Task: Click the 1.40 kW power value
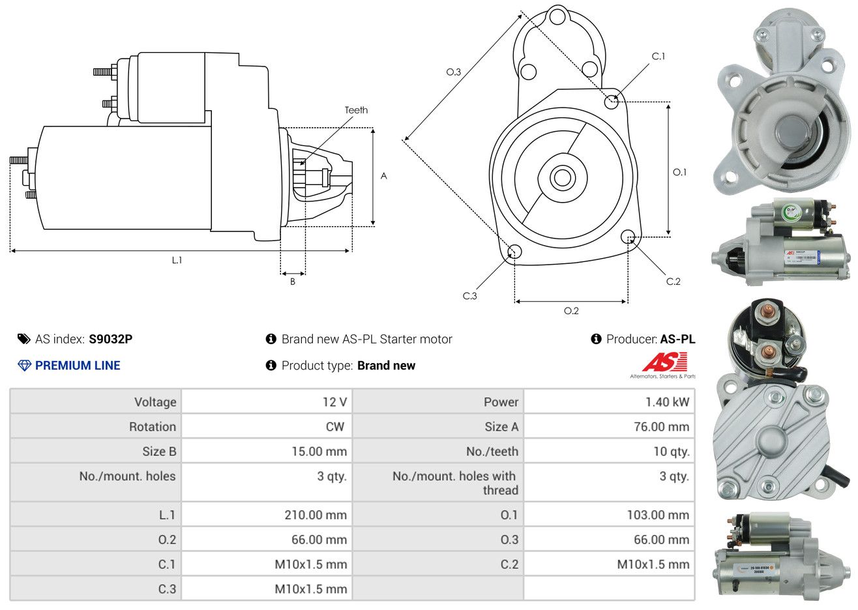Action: [x=667, y=402]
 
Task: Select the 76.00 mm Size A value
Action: [x=660, y=427]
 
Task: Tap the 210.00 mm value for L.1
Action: [x=316, y=515]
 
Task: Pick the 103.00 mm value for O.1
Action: [x=658, y=515]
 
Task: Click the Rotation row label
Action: [x=153, y=427]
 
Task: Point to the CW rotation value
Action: [x=335, y=427]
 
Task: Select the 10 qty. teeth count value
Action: [x=672, y=452]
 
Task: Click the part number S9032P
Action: [x=111, y=339]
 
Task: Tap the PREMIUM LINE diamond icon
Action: [x=24, y=366]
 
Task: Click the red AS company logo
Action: [x=664, y=362]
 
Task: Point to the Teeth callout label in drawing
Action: [x=356, y=110]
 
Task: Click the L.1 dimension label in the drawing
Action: [x=177, y=260]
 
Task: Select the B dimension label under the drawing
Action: [x=293, y=282]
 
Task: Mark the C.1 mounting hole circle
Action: [x=612, y=102]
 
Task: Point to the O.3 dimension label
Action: [x=453, y=72]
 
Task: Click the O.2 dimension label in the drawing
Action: [x=571, y=311]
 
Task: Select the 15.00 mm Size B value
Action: [x=319, y=452]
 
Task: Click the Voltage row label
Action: [x=155, y=402]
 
